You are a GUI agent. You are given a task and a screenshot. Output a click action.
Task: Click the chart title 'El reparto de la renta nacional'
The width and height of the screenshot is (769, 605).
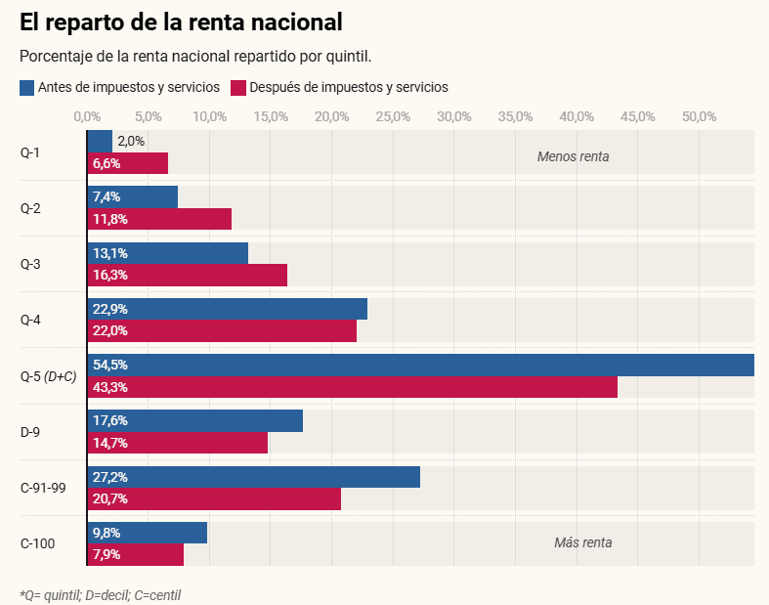[x=181, y=21]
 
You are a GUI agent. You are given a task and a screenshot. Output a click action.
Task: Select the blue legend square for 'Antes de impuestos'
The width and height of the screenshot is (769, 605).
[x=27, y=88]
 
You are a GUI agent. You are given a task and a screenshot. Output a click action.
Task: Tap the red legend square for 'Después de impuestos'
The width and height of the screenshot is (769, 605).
[x=237, y=88]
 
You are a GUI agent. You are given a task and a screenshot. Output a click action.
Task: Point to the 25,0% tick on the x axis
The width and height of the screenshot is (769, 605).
[x=393, y=117]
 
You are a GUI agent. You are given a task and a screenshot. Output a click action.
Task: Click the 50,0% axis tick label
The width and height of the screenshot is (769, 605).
[x=699, y=117]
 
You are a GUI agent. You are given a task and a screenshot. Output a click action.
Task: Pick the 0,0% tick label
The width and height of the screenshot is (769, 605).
[x=88, y=117]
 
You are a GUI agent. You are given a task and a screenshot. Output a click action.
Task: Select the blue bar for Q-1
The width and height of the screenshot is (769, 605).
[x=100, y=141]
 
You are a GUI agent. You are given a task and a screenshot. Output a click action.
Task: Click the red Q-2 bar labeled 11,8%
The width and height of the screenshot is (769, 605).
[x=159, y=219]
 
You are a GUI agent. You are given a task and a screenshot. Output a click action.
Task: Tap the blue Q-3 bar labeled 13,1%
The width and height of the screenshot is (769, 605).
[x=167, y=253]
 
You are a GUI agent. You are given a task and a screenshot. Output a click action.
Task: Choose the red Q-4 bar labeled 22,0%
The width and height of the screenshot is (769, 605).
[x=222, y=330]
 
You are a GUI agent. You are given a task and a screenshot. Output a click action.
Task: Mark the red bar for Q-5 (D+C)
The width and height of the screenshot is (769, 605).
[x=352, y=387]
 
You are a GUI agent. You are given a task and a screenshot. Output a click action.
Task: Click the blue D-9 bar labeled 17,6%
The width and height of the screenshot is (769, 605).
[x=194, y=421]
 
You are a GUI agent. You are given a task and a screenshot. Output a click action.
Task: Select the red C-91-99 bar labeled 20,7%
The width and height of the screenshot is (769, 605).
[x=214, y=498]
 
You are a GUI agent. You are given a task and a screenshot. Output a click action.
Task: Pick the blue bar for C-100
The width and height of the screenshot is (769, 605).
[x=147, y=533]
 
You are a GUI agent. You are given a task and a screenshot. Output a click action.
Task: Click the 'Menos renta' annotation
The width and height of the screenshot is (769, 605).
[x=573, y=156]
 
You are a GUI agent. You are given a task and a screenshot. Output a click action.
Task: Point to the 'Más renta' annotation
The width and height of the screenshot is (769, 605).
[x=582, y=542]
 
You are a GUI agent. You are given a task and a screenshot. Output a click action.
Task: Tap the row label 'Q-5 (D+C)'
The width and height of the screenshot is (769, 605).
[x=48, y=375]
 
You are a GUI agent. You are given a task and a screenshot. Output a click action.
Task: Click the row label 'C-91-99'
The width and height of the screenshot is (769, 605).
[x=43, y=487]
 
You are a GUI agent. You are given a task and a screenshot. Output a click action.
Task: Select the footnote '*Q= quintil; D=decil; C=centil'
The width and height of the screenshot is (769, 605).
[x=101, y=594]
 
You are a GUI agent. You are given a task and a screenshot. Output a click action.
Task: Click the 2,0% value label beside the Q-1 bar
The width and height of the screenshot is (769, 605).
[x=131, y=141]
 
